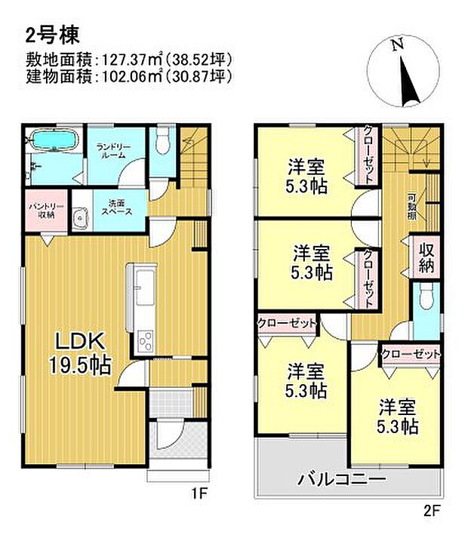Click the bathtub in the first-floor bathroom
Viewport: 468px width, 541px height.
click(x=50, y=142)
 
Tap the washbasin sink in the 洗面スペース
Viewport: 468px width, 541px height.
click(x=79, y=220)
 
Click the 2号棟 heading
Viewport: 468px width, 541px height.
click(x=47, y=33)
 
